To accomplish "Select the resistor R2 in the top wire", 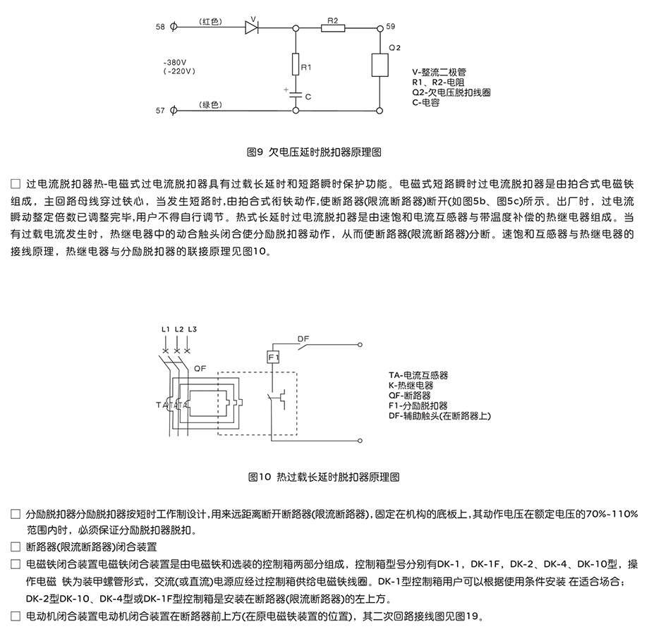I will click(x=332, y=28).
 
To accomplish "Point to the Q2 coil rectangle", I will click(x=380, y=66).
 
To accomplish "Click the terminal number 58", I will click(x=159, y=27).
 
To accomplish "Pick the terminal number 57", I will click(x=159, y=111).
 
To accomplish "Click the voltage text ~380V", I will click(x=178, y=62).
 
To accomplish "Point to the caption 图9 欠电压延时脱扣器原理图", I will click(x=324, y=151).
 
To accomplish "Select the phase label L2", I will click(x=179, y=330).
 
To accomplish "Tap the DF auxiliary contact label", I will click(x=303, y=339).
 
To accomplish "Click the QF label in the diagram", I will click(x=200, y=367).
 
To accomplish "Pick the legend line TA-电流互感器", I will click(x=418, y=376).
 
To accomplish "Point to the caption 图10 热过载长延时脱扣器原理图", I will click(x=324, y=477).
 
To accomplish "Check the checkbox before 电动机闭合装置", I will click(x=16, y=616).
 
